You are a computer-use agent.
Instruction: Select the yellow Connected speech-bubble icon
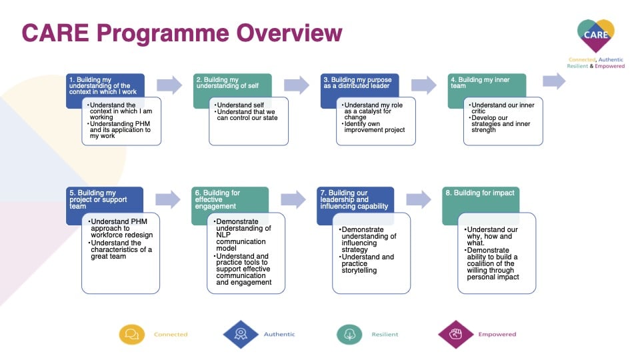132,334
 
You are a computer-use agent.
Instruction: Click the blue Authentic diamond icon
241,334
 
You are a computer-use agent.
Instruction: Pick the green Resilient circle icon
349,334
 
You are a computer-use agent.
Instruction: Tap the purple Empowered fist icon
455,334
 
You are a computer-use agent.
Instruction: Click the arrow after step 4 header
554,81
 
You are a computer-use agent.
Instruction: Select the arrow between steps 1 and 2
169,85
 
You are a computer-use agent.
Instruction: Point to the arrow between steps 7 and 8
419,199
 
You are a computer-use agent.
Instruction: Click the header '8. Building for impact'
480,193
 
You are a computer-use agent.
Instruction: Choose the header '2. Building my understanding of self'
227,83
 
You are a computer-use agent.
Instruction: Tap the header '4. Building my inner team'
480,83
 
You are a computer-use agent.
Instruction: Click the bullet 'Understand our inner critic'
501,108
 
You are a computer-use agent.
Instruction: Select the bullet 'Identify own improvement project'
373,127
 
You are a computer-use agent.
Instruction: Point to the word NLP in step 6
223,235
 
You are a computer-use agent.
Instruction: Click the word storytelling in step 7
359,270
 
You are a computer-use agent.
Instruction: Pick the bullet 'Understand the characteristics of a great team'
120,249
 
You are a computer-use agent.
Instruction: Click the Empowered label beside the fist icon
497,334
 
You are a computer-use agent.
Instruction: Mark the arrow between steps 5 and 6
168,199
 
